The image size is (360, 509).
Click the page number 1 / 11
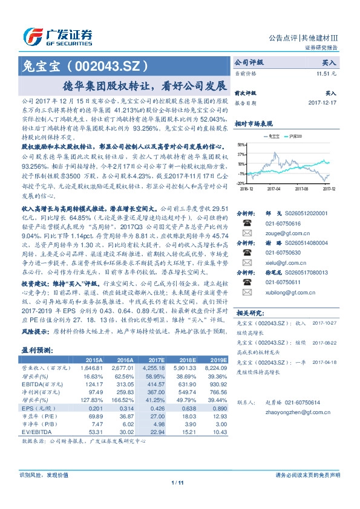click(x=177, y=499)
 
